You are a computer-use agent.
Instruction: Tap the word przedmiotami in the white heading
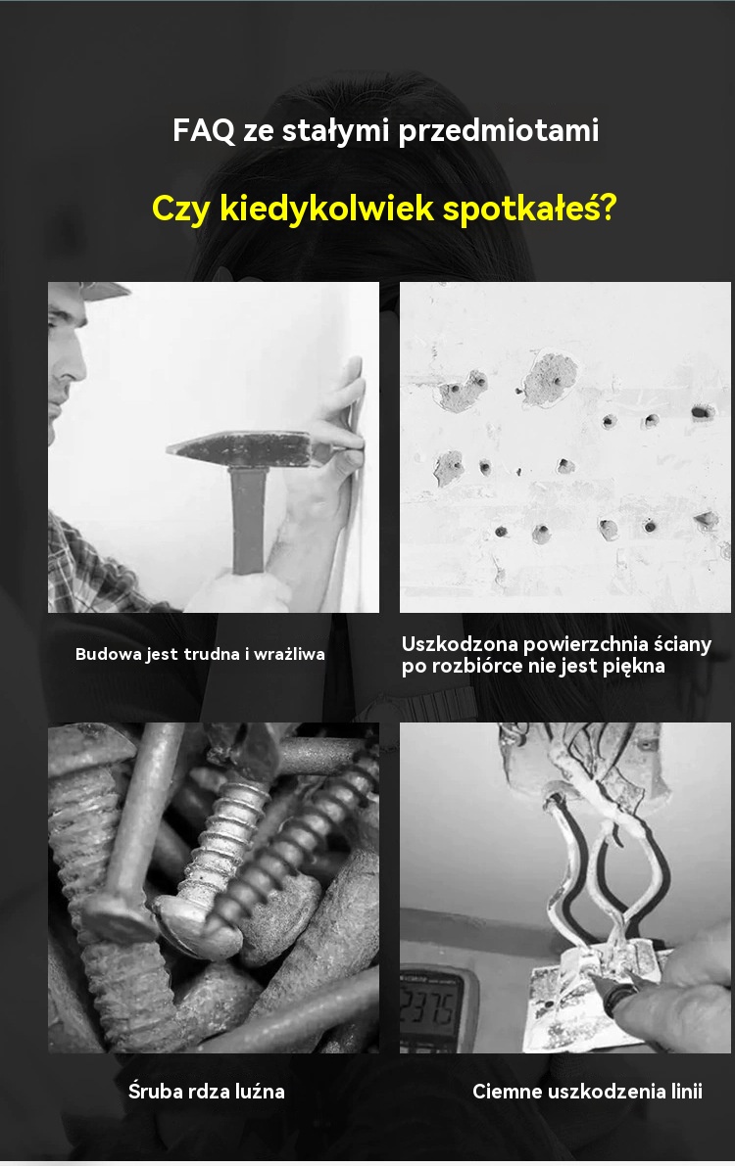point(498,131)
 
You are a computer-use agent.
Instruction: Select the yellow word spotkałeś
point(529,209)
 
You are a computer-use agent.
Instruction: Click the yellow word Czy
point(181,209)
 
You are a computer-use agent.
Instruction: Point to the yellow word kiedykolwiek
point(327,208)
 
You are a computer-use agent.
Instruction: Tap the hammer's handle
point(248,521)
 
